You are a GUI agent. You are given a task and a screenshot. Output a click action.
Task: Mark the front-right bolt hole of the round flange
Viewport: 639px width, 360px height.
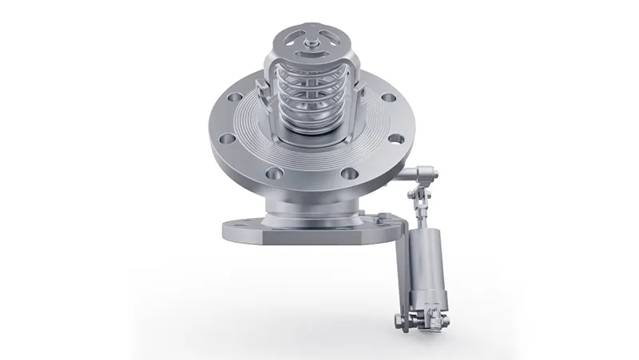click(x=347, y=172)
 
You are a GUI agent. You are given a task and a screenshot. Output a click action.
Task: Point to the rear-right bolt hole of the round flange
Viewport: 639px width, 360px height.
click(x=387, y=99)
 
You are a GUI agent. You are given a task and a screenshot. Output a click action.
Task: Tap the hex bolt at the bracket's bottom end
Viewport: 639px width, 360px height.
click(x=399, y=321)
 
